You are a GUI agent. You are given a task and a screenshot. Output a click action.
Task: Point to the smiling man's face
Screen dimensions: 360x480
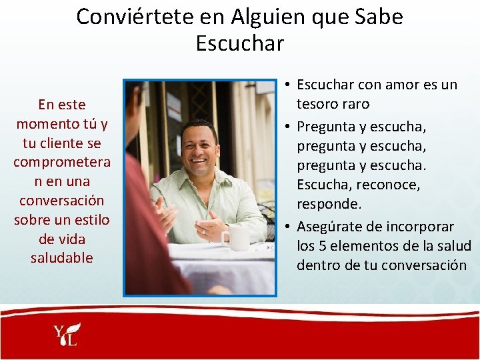click(199, 150)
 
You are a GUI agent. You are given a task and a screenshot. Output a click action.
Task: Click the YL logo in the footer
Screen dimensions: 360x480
click(67, 335)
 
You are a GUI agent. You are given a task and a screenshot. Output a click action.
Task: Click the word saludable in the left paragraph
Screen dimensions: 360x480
click(62, 258)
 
